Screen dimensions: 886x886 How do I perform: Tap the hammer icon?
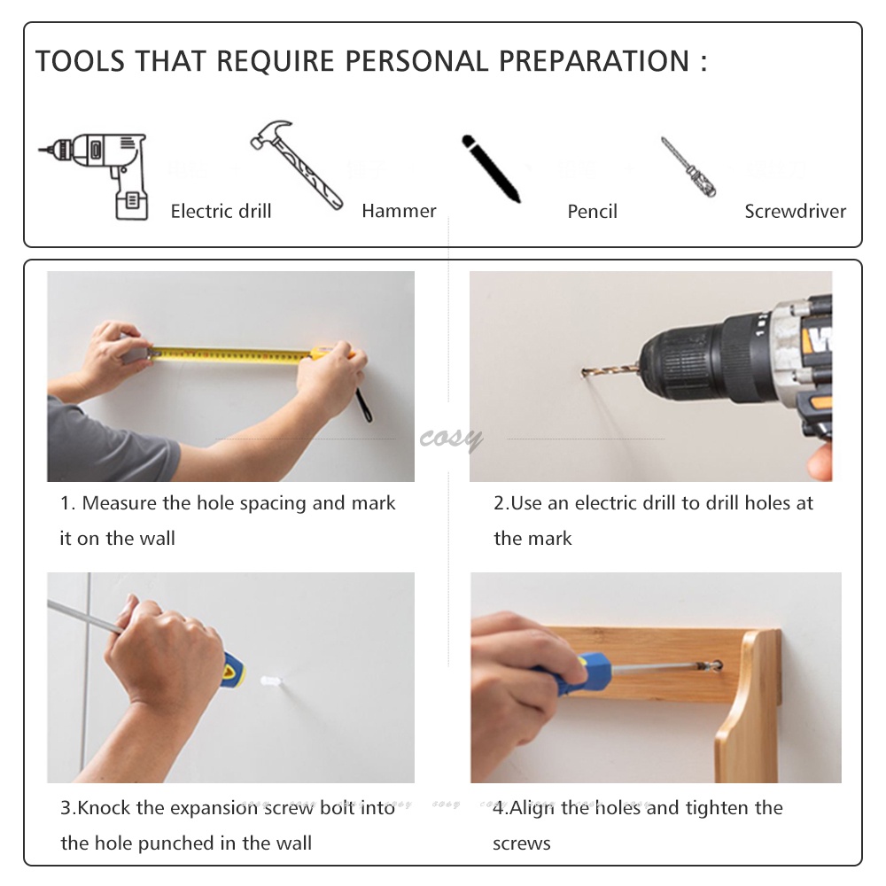pyautogui.click(x=296, y=165)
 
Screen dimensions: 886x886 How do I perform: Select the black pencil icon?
pyautogui.click(x=491, y=168)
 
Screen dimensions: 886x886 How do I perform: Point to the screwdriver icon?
pyautogui.click(x=688, y=167)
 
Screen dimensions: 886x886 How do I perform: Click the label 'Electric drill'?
pyautogui.click(x=221, y=212)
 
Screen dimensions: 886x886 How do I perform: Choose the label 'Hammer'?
pyautogui.click(x=399, y=212)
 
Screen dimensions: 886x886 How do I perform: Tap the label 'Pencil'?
pyautogui.click(x=592, y=212)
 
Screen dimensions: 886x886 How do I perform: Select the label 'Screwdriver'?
pyautogui.click(x=795, y=212)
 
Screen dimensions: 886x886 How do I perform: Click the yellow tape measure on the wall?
pyautogui.click(x=231, y=355)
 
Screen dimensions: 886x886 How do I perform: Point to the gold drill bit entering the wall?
pyautogui.click(x=610, y=370)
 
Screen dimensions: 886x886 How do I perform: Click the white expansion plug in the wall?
pyautogui.click(x=272, y=680)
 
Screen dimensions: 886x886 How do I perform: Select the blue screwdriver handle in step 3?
pyautogui.click(x=233, y=672)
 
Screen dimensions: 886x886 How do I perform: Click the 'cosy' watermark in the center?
pyautogui.click(x=451, y=437)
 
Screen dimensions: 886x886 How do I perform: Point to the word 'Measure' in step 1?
pyautogui.click(x=120, y=503)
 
